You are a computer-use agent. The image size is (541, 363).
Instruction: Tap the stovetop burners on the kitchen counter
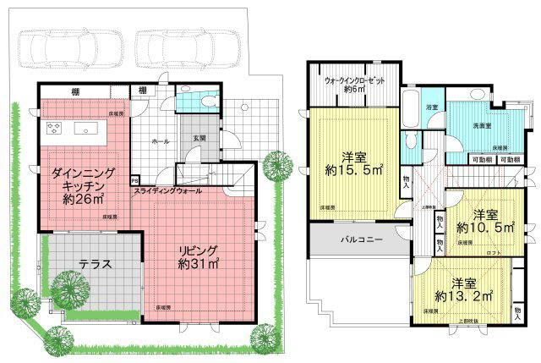tap(55, 129)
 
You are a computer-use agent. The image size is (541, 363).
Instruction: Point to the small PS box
tap(135, 180)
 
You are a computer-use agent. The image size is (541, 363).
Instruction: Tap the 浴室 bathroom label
tap(432, 107)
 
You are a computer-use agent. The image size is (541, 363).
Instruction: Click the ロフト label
tap(495, 251)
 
